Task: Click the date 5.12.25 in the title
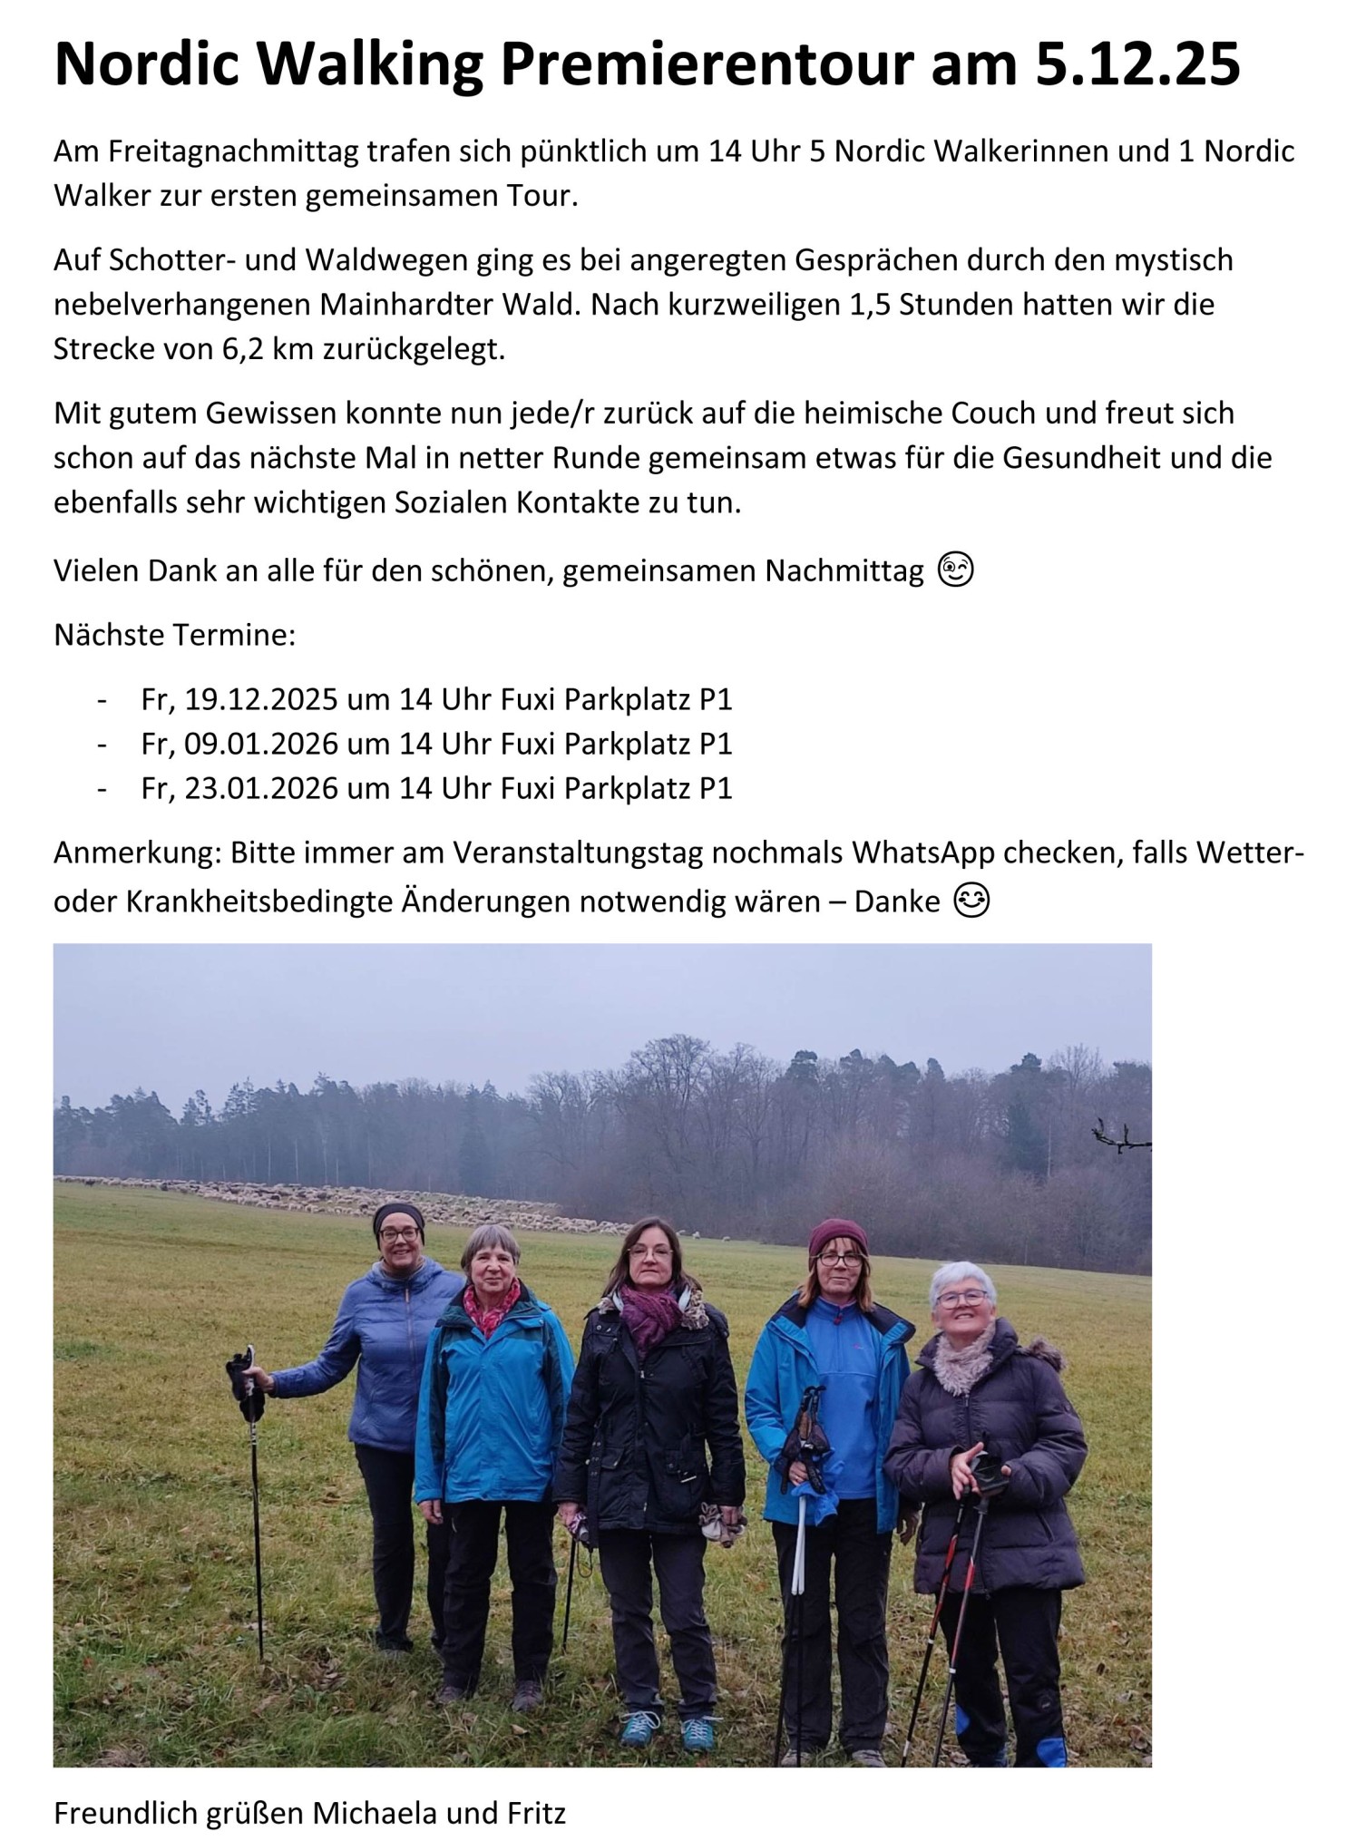coord(1137,65)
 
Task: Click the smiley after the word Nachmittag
coord(955,570)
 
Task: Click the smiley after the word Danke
coord(971,901)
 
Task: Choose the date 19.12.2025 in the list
coord(261,699)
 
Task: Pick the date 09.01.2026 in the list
coord(261,744)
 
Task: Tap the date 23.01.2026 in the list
coord(261,788)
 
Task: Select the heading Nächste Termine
coord(174,635)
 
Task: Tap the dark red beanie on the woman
coord(837,1235)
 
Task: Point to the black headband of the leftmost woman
coord(398,1215)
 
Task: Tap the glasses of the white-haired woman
coord(961,1299)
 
